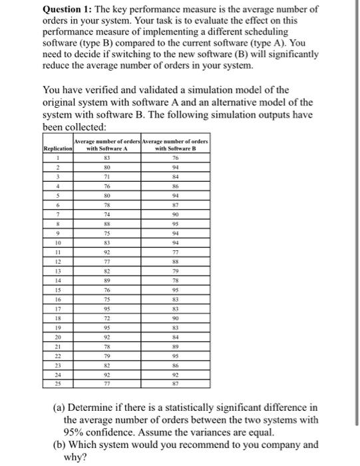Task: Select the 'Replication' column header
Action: coord(57,148)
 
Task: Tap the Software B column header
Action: coord(175,144)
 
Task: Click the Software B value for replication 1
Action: coord(175,158)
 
